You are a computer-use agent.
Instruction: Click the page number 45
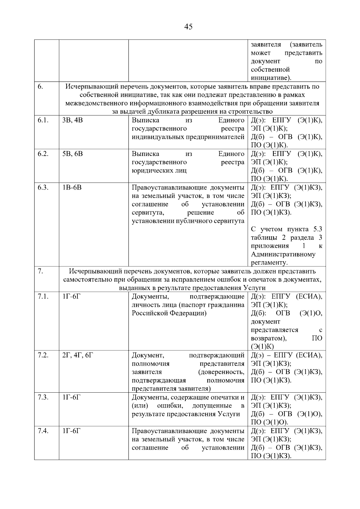point(188,27)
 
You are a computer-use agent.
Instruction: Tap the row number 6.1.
point(43,120)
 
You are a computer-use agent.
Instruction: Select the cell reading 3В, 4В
point(72,120)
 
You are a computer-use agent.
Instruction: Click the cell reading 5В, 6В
point(72,154)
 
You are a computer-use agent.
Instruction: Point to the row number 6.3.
point(43,187)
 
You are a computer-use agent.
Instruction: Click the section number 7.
point(40,271)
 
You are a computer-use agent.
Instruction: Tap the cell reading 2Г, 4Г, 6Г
point(78,355)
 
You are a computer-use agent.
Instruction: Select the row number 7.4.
point(43,431)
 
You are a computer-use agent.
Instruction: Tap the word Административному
point(283,255)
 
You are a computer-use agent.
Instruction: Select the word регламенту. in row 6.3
point(269,263)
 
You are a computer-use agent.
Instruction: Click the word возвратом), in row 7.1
point(268,338)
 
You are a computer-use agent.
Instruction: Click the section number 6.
point(40,87)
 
